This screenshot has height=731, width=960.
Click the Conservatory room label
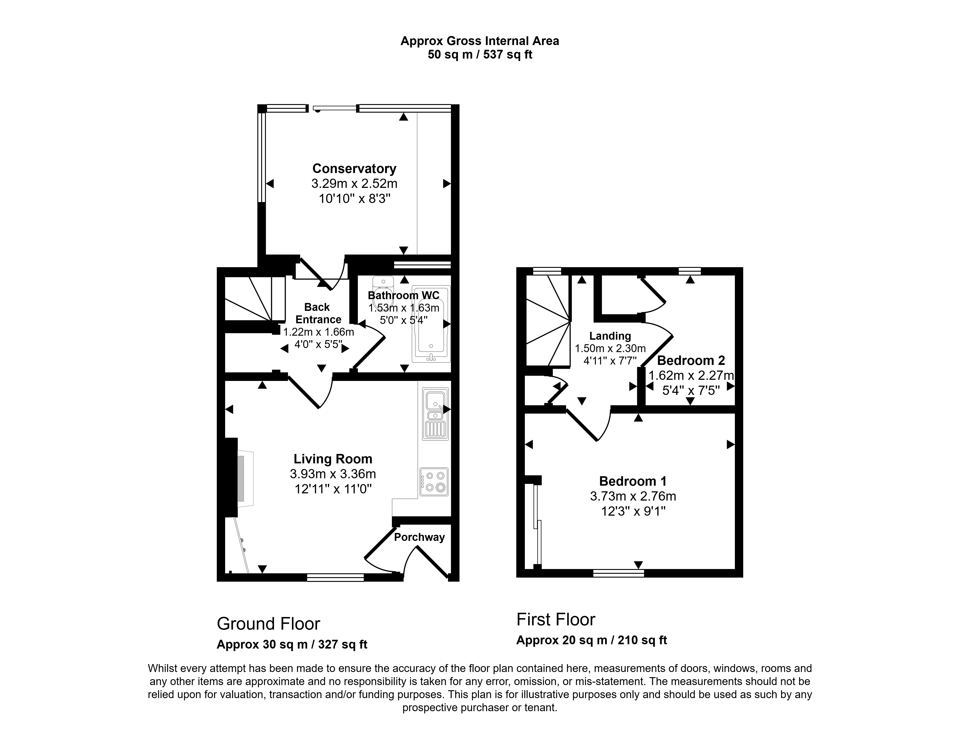pos(354,169)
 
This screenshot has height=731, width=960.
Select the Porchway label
pos(420,537)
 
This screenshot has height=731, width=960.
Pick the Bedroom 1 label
pos(633,481)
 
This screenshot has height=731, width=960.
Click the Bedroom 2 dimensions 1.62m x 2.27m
pos(691,375)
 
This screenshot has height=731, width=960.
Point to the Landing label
pos(610,336)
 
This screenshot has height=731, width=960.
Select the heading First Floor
pos(556,620)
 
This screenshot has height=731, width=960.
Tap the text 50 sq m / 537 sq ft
pos(480,55)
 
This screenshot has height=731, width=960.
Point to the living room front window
pos(335,577)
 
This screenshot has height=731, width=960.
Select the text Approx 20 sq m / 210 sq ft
pos(591,640)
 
